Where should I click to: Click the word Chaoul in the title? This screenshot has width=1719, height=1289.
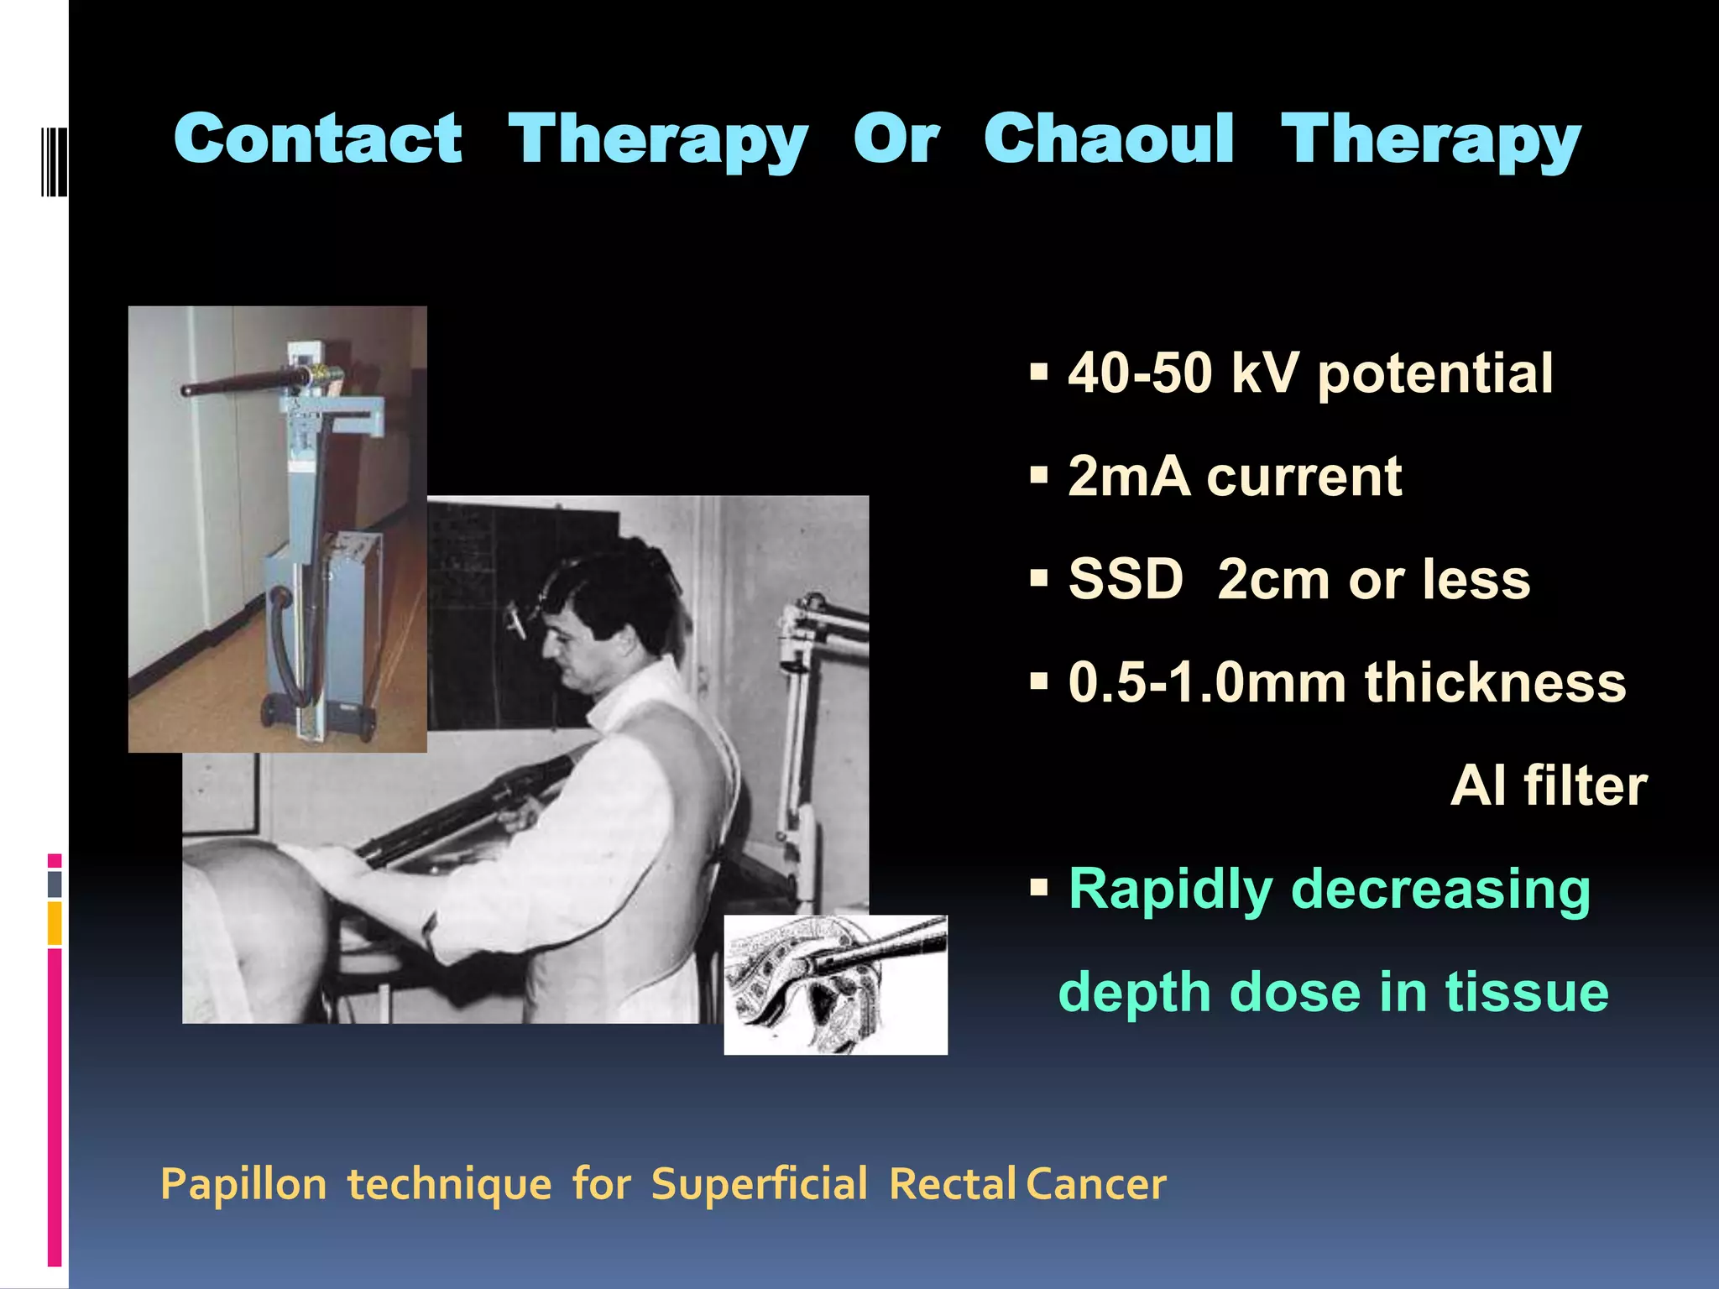[1109, 139]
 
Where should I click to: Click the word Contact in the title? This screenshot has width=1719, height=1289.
[317, 139]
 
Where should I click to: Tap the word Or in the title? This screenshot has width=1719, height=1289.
[896, 139]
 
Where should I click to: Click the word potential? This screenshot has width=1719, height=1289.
[1434, 374]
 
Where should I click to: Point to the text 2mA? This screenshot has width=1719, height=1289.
[1128, 477]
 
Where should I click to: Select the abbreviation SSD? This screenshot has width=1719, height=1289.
[1125, 580]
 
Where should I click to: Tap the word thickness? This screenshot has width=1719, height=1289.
[1495, 682]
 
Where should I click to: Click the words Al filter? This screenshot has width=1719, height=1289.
[1549, 786]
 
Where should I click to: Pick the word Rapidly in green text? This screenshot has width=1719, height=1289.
[1170, 890]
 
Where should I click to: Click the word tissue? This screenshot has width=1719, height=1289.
[1526, 993]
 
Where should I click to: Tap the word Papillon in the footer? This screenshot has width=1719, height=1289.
[243, 1185]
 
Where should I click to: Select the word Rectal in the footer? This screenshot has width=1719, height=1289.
[953, 1184]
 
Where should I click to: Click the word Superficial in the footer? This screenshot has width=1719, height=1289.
[759, 1184]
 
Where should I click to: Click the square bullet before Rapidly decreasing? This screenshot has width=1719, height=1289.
[1039, 887]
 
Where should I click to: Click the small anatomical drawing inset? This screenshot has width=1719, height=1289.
[835, 984]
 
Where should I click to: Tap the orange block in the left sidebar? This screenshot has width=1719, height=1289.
[55, 923]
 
